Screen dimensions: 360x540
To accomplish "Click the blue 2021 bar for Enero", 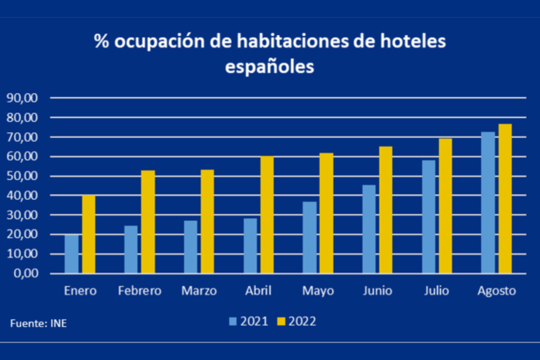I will pyautogui.click(x=71, y=254).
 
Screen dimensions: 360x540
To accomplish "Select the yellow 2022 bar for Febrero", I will pyautogui.click(x=148, y=221).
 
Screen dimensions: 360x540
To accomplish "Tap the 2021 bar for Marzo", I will pyautogui.click(x=191, y=247).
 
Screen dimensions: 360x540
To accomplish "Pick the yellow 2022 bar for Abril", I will pyautogui.click(x=267, y=214).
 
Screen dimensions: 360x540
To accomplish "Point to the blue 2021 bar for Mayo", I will pyautogui.click(x=309, y=238).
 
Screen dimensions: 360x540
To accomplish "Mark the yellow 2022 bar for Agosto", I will pyautogui.click(x=505, y=198).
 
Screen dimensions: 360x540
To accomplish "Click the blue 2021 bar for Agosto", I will pyautogui.click(x=488, y=202).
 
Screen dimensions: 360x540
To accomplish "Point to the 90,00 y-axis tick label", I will pyautogui.click(x=25, y=98).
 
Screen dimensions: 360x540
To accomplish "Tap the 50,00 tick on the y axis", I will pyautogui.click(x=25, y=176).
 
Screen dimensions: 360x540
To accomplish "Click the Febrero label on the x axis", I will pyautogui.click(x=139, y=291).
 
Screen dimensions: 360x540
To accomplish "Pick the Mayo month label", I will pyautogui.click(x=318, y=291).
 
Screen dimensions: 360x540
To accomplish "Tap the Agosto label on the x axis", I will pyautogui.click(x=496, y=291).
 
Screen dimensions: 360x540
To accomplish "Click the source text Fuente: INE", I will pyautogui.click(x=39, y=323).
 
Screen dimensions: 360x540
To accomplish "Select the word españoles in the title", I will pyautogui.click(x=270, y=67).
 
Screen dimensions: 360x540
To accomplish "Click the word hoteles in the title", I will pyautogui.click(x=409, y=41).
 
